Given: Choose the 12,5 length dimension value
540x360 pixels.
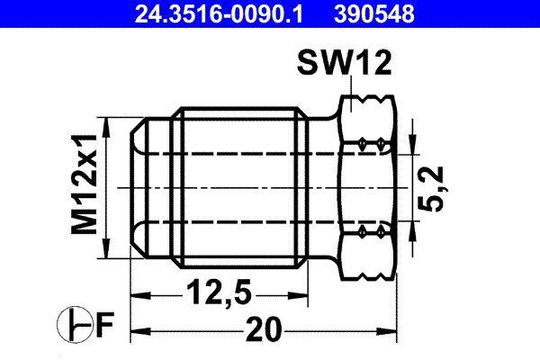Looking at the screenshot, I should [x=215, y=292].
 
